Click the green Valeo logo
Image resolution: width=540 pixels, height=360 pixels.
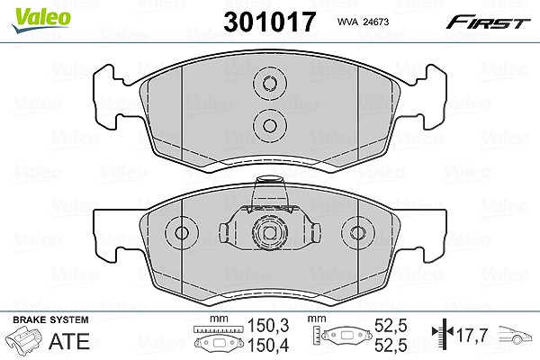coord(41,21)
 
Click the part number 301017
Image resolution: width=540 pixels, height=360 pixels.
coord(269,22)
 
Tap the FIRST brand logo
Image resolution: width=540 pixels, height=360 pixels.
coord(489,22)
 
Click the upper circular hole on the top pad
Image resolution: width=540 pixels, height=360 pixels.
coord(270,84)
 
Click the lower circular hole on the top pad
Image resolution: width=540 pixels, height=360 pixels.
coord(270,125)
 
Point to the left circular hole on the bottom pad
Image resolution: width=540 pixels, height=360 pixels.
coord(182,233)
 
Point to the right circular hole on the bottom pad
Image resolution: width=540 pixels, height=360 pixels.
coord(357,233)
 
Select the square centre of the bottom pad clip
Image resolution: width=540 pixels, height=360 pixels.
coord(270,233)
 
